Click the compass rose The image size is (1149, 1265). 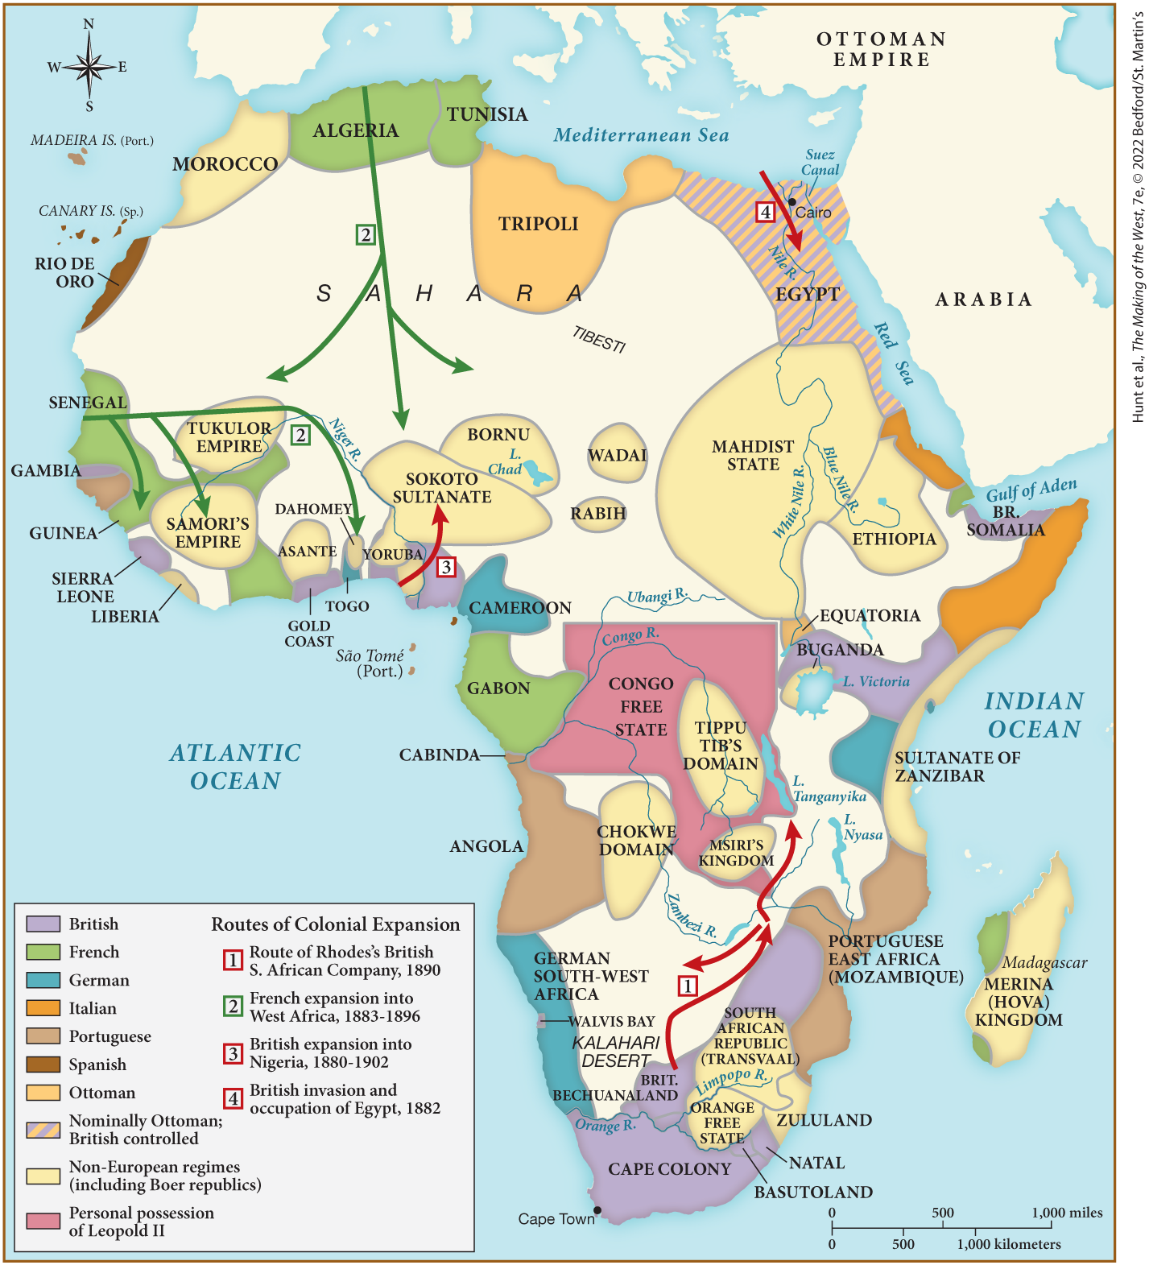[x=89, y=67]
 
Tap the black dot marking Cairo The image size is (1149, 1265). [x=792, y=202]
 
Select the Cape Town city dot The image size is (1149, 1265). [x=597, y=1210]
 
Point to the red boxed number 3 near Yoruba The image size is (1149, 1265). [x=446, y=567]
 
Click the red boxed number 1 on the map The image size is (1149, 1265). [x=687, y=985]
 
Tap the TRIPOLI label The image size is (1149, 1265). [x=538, y=224]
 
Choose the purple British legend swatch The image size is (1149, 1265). [x=43, y=924]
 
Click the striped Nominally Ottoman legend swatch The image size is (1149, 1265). [x=43, y=1129]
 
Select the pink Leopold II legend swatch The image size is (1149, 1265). [x=43, y=1221]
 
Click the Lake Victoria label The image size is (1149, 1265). [x=876, y=682]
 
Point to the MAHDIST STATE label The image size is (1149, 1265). [x=753, y=455]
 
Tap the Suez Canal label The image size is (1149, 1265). [x=820, y=162]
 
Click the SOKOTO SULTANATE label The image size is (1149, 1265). [x=442, y=488]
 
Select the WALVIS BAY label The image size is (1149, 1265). [x=612, y=1021]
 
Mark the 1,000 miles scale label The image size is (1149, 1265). [x=1067, y=1213]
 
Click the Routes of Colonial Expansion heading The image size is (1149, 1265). [x=335, y=924]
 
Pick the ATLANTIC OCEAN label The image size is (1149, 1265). [x=235, y=767]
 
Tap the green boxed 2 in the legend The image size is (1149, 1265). [x=233, y=1006]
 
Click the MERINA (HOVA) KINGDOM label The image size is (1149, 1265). [x=1019, y=1002]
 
